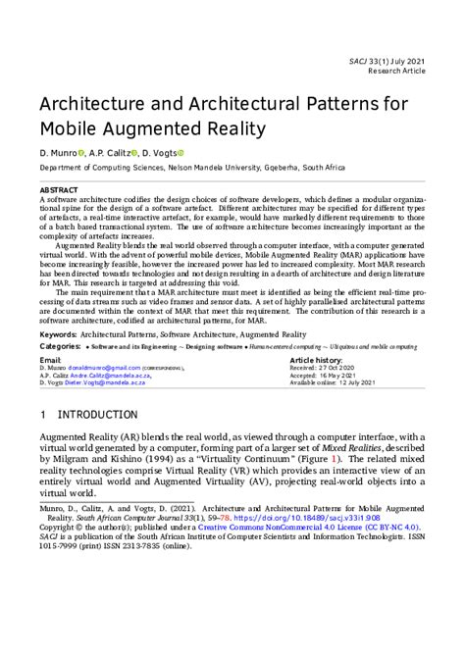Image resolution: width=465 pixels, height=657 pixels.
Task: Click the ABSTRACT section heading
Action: [58, 189]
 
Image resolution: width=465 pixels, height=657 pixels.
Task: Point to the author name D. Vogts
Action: [161, 154]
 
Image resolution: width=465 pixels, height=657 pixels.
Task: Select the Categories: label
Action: [61, 347]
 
